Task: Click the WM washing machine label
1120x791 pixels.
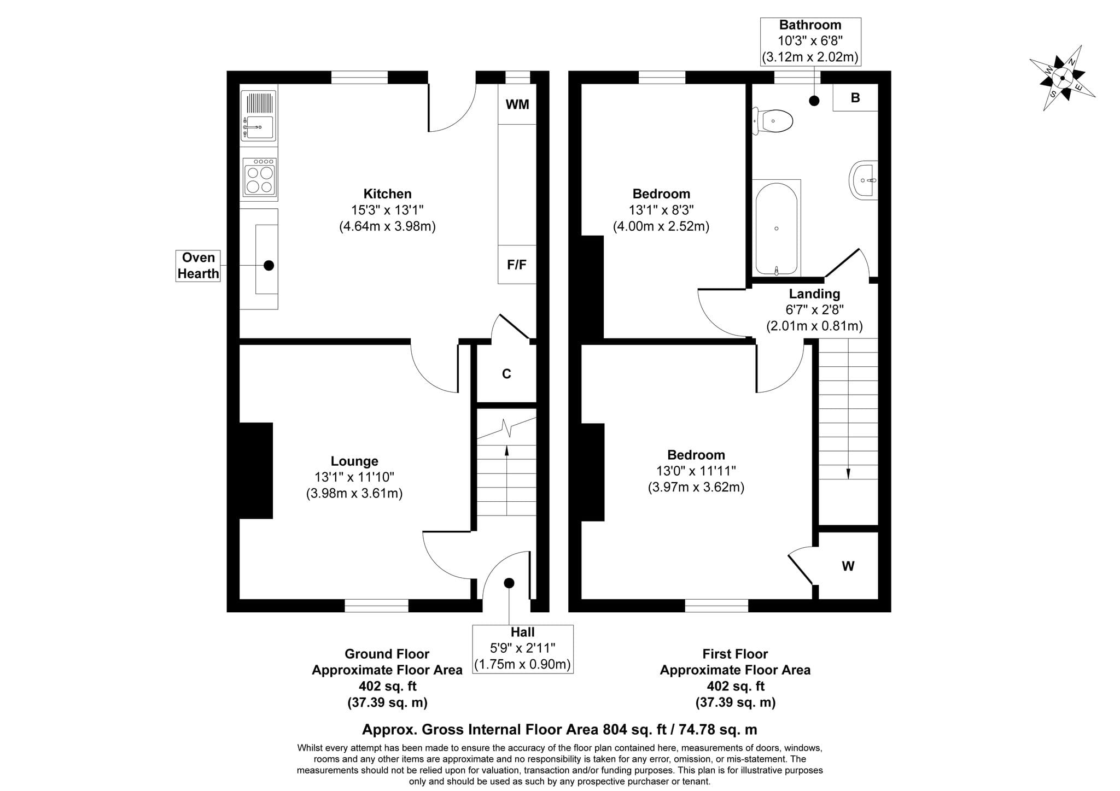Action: pyautogui.click(x=517, y=104)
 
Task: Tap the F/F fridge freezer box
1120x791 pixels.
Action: pyautogui.click(x=517, y=265)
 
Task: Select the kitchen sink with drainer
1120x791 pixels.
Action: pyautogui.click(x=258, y=116)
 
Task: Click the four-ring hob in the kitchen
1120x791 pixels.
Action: pyautogui.click(x=259, y=178)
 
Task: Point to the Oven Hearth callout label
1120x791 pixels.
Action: pyautogui.click(x=198, y=266)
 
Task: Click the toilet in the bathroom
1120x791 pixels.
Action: pyautogui.click(x=773, y=121)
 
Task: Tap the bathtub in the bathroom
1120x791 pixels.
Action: pyautogui.click(x=777, y=228)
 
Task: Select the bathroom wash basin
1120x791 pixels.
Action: pyautogui.click(x=864, y=180)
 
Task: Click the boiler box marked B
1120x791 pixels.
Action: pyautogui.click(x=855, y=98)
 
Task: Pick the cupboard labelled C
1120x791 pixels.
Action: pyautogui.click(x=506, y=374)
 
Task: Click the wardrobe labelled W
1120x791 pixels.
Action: pyautogui.click(x=848, y=566)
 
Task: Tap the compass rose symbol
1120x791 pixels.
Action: pyautogui.click(x=1062, y=78)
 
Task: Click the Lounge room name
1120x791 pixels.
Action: pyautogui.click(x=354, y=461)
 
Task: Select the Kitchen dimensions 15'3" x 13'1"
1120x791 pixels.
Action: pyautogui.click(x=387, y=210)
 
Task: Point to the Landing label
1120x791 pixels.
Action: pyautogui.click(x=814, y=294)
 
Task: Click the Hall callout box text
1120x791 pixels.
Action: pyautogui.click(x=522, y=648)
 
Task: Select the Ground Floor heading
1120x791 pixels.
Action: pyautogui.click(x=387, y=654)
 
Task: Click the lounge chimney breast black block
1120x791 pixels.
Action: pyautogui.click(x=256, y=471)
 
